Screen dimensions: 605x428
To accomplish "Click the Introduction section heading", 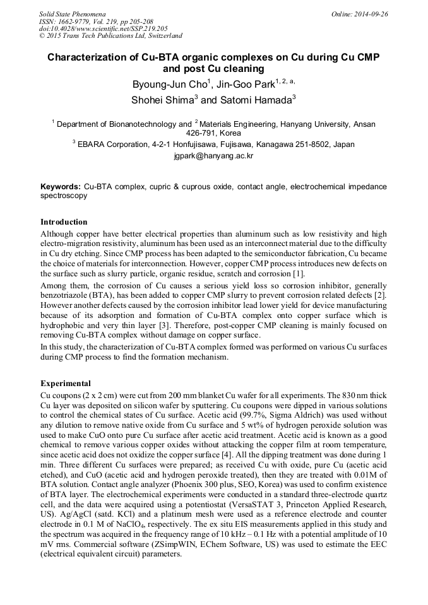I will (x=64, y=222).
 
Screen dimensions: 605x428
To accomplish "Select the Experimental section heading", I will (x=66, y=383).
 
